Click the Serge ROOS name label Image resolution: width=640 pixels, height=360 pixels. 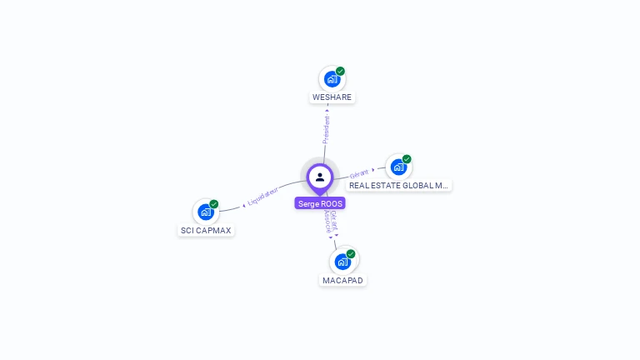(x=320, y=203)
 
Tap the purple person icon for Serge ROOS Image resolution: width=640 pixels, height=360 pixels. (x=320, y=177)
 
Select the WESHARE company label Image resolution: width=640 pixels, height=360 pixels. (x=332, y=97)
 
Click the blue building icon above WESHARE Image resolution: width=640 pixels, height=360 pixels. (x=332, y=80)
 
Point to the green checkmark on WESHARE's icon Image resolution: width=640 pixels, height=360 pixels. (x=340, y=72)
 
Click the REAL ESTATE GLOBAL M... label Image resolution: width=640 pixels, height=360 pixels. (x=399, y=186)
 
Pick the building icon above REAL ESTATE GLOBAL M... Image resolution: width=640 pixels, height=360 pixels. (x=398, y=167)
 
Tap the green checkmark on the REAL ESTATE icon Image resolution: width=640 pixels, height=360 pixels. (x=407, y=159)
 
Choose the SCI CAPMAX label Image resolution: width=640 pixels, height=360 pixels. (x=207, y=230)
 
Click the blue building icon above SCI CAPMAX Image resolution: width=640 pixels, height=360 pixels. (x=206, y=212)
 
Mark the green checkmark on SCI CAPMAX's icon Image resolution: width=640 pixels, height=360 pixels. (x=214, y=204)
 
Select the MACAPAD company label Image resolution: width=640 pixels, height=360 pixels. (x=342, y=280)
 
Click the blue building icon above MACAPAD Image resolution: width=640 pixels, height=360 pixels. (x=342, y=262)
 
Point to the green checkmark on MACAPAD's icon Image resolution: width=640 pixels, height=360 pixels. (x=351, y=253)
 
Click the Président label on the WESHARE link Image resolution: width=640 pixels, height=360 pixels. (x=327, y=129)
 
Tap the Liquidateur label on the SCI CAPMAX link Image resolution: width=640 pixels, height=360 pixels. (x=264, y=197)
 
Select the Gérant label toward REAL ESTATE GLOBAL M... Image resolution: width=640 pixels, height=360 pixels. (x=358, y=173)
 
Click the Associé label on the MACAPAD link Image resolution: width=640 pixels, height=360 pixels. (x=327, y=221)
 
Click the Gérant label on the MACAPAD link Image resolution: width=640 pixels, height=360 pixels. (x=333, y=221)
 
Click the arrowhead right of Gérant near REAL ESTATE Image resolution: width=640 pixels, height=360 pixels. (x=372, y=170)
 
